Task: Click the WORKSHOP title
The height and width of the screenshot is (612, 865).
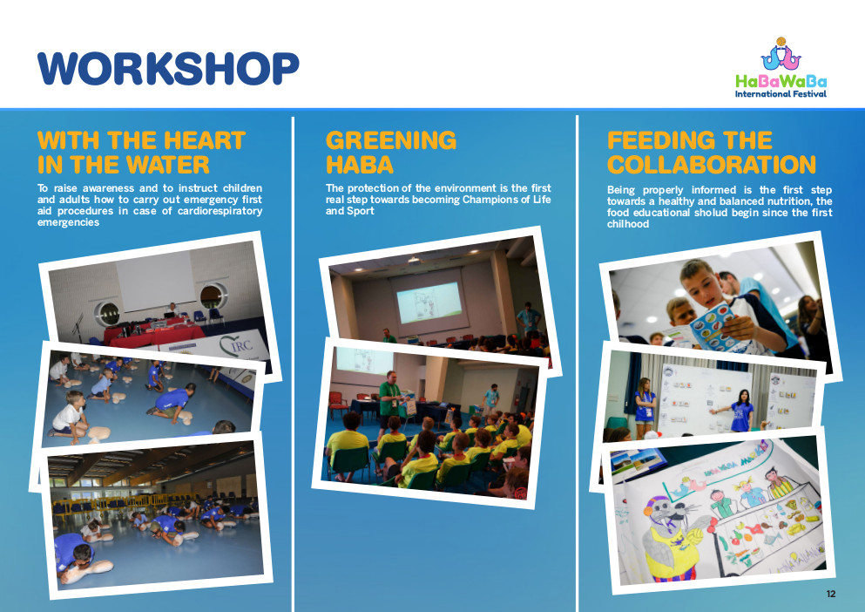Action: point(168,69)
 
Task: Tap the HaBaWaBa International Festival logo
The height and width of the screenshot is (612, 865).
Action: point(781,67)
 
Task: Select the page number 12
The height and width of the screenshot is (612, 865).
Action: point(831,594)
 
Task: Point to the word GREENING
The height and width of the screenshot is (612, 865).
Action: point(391,140)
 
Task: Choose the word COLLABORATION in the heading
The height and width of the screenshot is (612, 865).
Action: point(712,165)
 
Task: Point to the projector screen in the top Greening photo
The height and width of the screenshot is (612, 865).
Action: point(429,303)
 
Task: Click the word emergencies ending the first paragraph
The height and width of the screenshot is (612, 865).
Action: point(69,222)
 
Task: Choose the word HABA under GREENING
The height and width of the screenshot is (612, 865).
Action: point(360,165)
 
